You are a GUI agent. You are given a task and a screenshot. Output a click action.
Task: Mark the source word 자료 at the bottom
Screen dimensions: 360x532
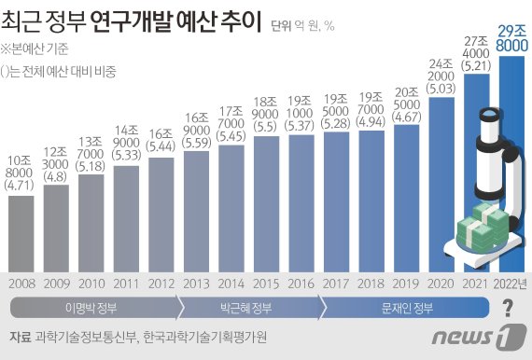pyautogui.click(x=20, y=337)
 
